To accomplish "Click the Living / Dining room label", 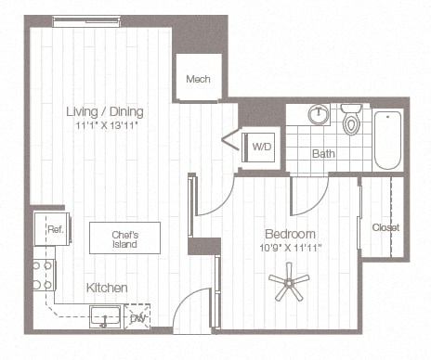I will (x=104, y=112).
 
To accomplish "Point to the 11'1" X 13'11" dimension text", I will (x=104, y=126).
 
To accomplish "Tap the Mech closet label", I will (x=198, y=80).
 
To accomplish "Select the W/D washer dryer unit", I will (x=260, y=147).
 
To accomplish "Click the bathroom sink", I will (x=319, y=115).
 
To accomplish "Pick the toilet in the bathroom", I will (x=351, y=121).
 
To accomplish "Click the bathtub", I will (x=387, y=139).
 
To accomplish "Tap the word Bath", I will (x=323, y=153).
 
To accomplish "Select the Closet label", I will (x=385, y=227).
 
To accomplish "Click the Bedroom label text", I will (x=290, y=234).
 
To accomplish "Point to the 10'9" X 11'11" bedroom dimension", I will (x=290, y=248).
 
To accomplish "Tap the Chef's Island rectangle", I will (x=124, y=238).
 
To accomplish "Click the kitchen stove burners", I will (x=43, y=275).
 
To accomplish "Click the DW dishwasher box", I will (x=138, y=317).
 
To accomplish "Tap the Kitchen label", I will (x=107, y=289).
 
